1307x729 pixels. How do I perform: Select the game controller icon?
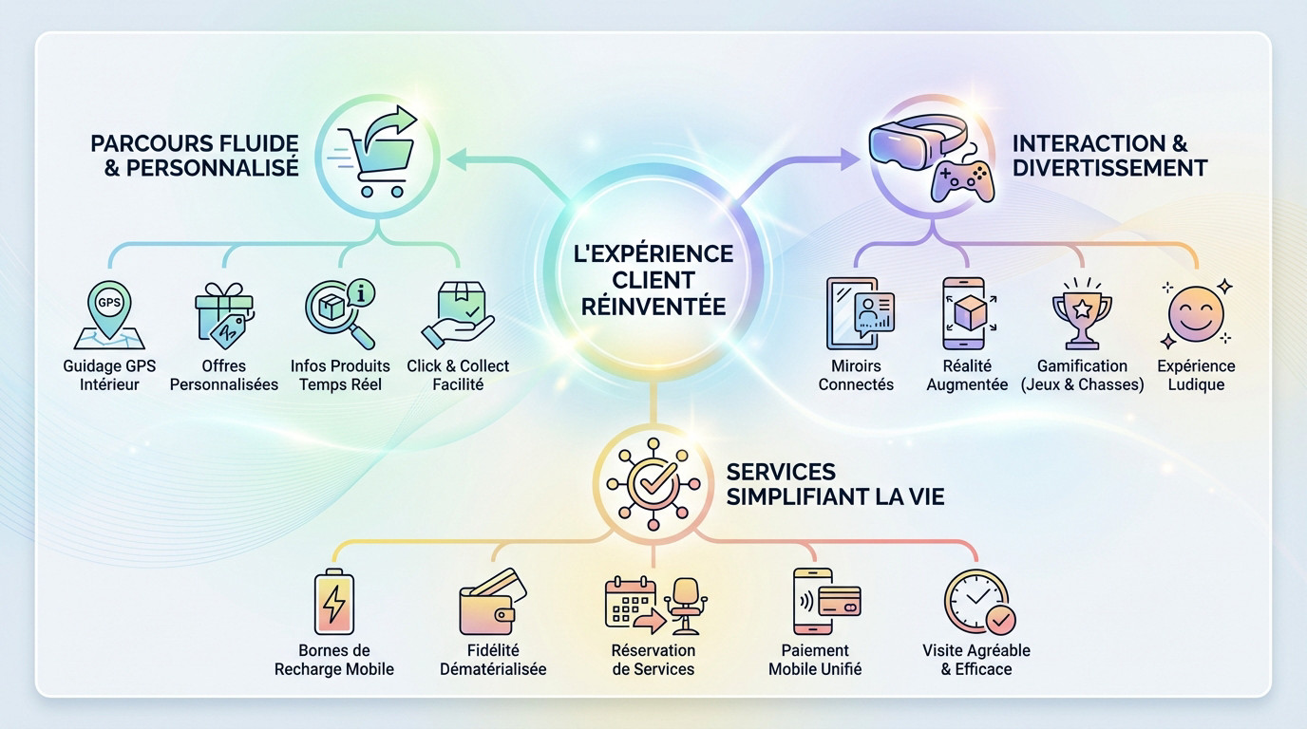(x=961, y=178)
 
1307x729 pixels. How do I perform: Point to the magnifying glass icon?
(x=338, y=313)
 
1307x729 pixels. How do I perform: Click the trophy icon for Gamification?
(x=1082, y=314)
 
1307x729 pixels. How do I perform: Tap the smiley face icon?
(x=1195, y=314)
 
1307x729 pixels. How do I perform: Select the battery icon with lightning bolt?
(x=333, y=602)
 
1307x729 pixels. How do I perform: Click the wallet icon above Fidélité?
(x=491, y=605)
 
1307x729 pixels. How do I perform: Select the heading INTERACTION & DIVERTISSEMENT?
(x=1109, y=156)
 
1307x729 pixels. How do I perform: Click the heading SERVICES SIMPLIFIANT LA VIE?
(x=834, y=484)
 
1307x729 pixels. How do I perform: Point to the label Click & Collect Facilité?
(x=458, y=375)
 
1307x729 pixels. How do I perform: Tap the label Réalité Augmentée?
(x=967, y=375)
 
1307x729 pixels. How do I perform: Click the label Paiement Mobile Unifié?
(x=815, y=660)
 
